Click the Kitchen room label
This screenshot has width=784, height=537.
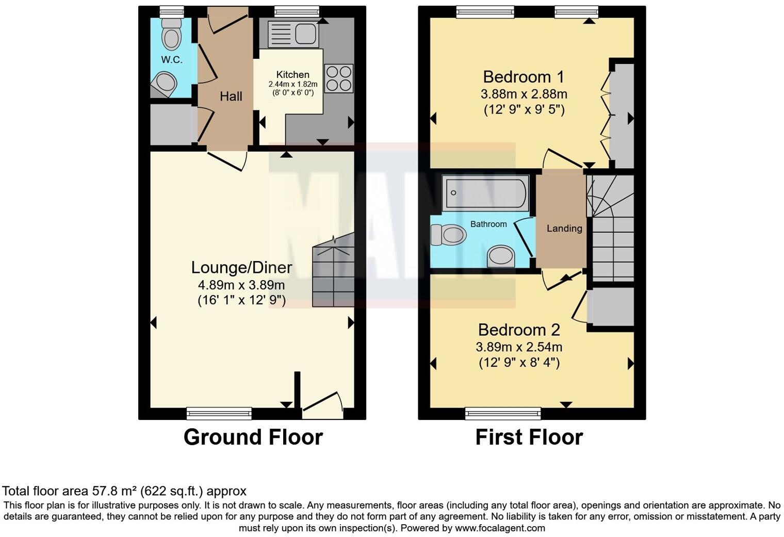coord(292,75)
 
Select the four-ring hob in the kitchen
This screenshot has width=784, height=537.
coord(338,78)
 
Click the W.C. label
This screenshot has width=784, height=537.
coord(171,59)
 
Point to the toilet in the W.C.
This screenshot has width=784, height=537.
coord(171,35)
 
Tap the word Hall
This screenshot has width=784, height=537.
coord(231,96)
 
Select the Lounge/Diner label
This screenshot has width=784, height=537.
coord(241,268)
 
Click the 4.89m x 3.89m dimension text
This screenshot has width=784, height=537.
coord(241,285)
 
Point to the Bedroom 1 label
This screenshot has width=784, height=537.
coord(524,77)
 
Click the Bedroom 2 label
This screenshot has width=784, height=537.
coord(519,330)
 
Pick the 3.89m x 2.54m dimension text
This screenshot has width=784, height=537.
coord(519,347)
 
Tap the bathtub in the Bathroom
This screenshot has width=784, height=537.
coord(485,193)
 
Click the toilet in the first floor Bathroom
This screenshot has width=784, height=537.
coord(448,235)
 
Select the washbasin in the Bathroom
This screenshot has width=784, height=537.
coord(501,256)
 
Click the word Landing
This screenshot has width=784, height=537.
coord(565,229)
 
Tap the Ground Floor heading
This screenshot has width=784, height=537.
coord(253,437)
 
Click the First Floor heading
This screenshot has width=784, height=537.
coord(529,437)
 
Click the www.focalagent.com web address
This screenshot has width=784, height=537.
coord(500,528)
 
